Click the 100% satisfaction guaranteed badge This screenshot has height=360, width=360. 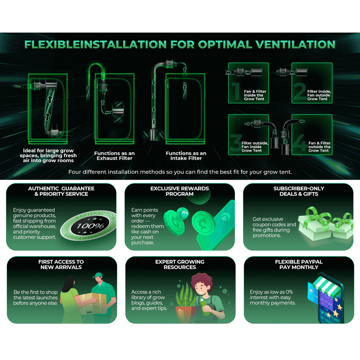click(89, 225)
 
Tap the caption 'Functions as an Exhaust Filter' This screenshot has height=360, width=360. click(114, 156)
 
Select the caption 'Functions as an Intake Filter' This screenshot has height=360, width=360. click(186, 156)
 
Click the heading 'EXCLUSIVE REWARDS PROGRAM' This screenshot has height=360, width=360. click(180, 191)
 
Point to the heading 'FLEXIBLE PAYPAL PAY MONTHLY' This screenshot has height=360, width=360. click(299, 264)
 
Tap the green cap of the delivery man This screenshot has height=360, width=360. click(98, 275)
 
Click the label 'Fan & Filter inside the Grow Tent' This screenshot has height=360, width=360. click(255, 95)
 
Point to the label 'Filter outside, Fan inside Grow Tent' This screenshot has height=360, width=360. click(255, 147)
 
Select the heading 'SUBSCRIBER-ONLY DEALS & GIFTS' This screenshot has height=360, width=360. click(299, 191)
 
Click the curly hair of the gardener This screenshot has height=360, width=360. click(201, 279)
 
